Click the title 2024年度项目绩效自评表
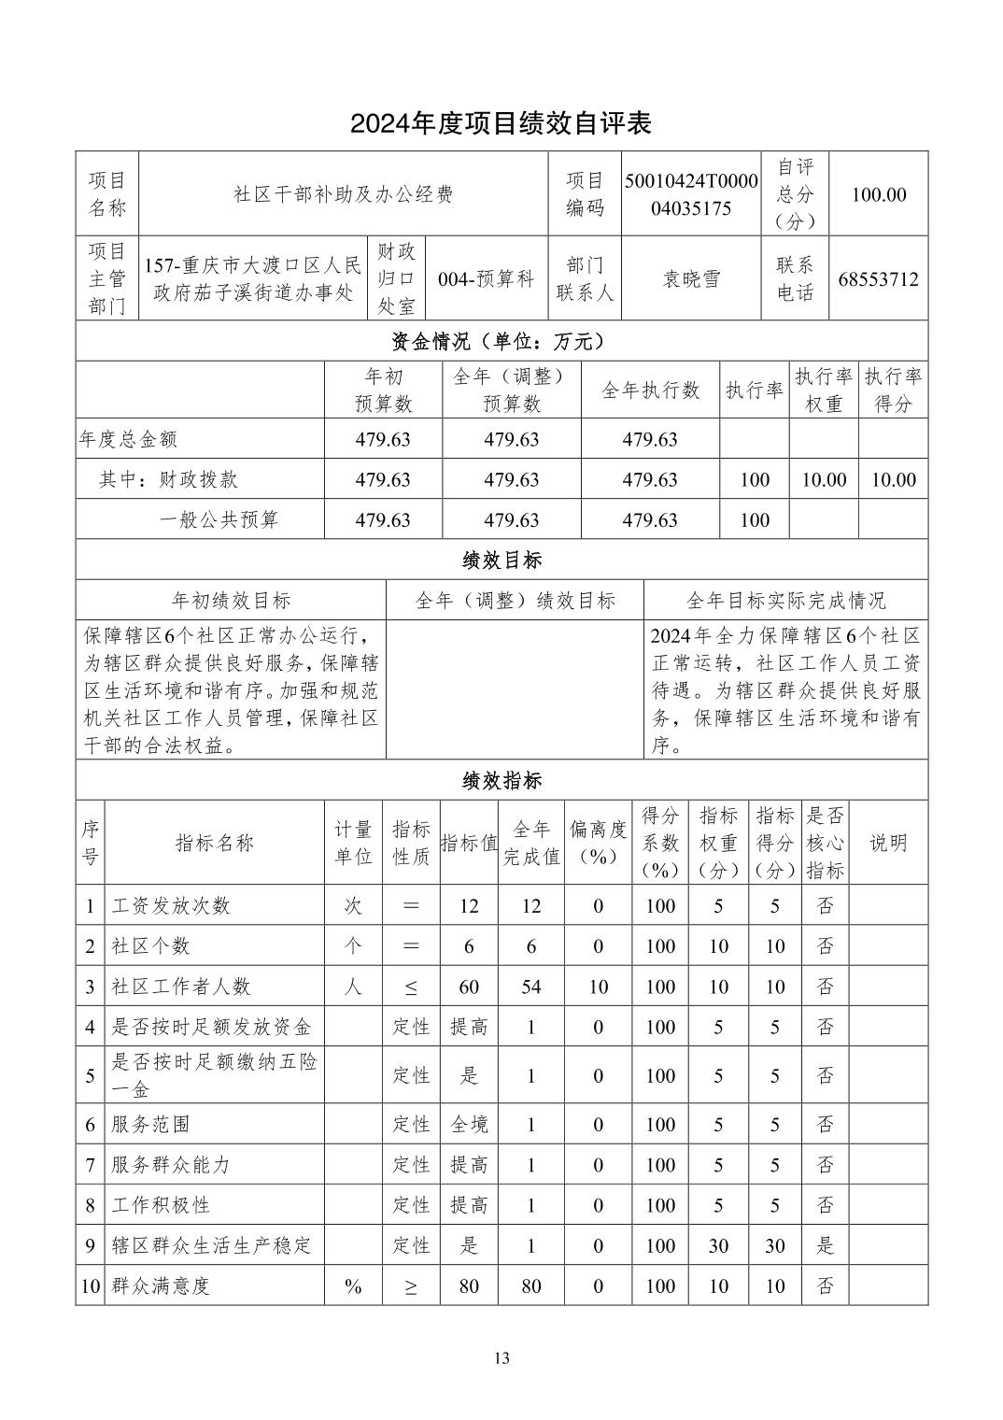pyautogui.click(x=501, y=123)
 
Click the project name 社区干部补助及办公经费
pyautogui.click(x=343, y=194)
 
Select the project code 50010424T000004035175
pyautogui.click(x=691, y=194)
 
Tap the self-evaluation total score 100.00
pyautogui.click(x=878, y=194)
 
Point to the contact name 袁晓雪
pyautogui.click(x=691, y=278)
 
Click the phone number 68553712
pyautogui.click(x=878, y=278)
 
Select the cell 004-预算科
pyautogui.click(x=486, y=278)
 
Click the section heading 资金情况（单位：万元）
pyautogui.click(x=501, y=341)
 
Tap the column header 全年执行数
pyautogui.click(x=650, y=390)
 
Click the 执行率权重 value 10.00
pyautogui.click(x=824, y=479)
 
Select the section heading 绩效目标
pyautogui.click(x=501, y=561)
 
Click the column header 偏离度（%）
pyautogui.click(x=598, y=843)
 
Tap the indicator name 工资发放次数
pyautogui.click(x=171, y=905)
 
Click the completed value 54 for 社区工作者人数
pyautogui.click(x=531, y=987)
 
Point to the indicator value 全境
pyautogui.click(x=469, y=1125)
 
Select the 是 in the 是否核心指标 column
pyautogui.click(x=826, y=1245)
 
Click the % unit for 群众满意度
pyautogui.click(x=353, y=1286)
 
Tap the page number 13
pyautogui.click(x=501, y=1358)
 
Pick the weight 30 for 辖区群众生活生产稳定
pyautogui.click(x=718, y=1245)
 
